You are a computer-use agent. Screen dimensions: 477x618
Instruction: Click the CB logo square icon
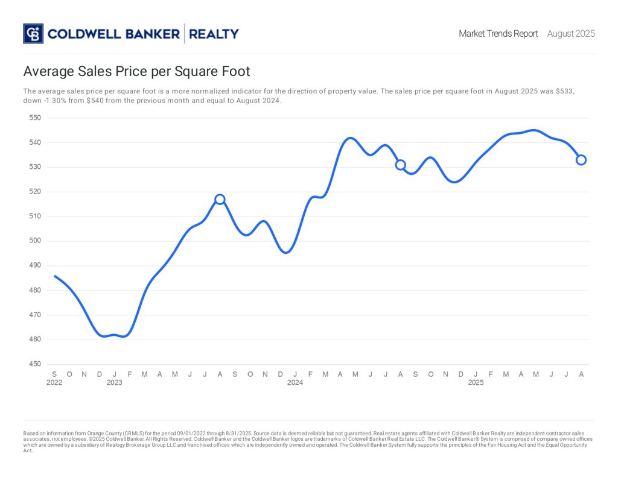click(33, 34)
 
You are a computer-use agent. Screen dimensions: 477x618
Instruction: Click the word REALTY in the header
click(214, 34)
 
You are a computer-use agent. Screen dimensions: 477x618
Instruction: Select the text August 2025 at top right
click(570, 34)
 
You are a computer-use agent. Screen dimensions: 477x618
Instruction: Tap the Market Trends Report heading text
click(498, 34)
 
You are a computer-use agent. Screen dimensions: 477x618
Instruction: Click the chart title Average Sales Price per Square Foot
click(136, 72)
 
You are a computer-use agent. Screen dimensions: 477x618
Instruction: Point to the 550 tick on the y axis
click(35, 118)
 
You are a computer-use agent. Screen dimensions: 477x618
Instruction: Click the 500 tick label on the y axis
click(35, 241)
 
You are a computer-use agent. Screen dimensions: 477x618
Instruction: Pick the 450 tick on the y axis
click(35, 364)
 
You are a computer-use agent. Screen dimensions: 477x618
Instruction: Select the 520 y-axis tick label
click(35, 192)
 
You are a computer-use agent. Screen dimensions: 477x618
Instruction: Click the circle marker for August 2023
click(220, 199)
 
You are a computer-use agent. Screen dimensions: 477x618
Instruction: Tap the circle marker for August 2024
click(400, 165)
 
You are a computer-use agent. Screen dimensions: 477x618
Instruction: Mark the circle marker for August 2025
click(581, 160)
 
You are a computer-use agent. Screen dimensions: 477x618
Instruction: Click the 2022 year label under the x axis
click(54, 383)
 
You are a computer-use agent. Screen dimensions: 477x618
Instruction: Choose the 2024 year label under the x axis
click(295, 383)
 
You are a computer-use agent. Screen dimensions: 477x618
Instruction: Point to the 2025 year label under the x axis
click(476, 383)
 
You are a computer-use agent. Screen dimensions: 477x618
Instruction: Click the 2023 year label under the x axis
click(115, 383)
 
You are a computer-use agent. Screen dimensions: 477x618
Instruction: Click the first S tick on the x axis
click(54, 374)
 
